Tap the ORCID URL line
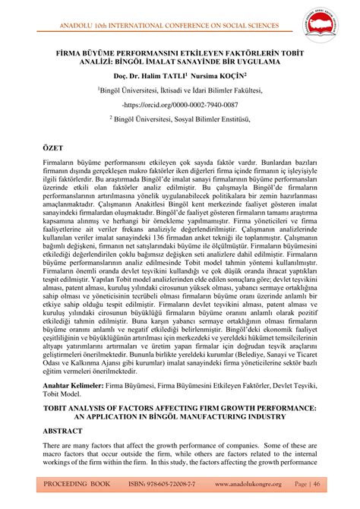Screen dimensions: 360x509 tap(180, 104)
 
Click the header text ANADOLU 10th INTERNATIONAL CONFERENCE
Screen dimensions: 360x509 tap(152, 11)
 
